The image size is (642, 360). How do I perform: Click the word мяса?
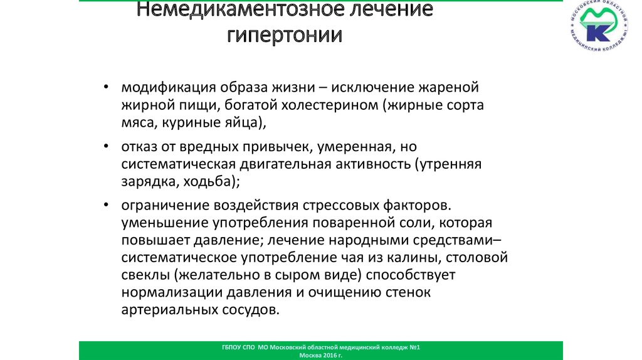point(137,123)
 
